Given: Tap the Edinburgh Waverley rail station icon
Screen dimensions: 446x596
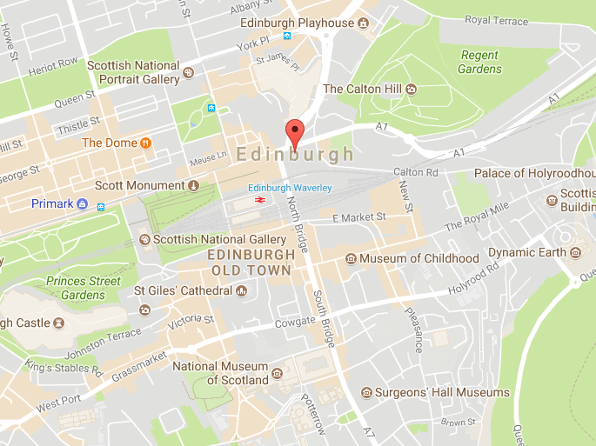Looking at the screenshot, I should (259, 201).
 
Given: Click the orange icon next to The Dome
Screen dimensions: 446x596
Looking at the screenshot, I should (146, 143).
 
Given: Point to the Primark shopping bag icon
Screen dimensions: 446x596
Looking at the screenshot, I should (82, 203).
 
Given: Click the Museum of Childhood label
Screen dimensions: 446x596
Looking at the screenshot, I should (419, 258).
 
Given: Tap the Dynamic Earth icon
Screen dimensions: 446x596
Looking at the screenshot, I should (574, 253).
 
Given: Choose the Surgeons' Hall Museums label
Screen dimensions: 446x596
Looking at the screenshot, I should (442, 393).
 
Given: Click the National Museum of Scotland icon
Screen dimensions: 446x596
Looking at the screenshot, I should (277, 374).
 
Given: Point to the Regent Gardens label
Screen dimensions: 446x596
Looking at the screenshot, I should (480, 62).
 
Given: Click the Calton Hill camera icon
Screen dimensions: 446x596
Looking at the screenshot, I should (412, 89).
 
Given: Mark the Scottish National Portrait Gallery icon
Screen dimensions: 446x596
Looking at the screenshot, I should (188, 78).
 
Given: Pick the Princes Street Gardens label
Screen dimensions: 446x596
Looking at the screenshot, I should (78, 288).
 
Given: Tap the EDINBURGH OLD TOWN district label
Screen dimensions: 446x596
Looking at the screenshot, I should (249, 263).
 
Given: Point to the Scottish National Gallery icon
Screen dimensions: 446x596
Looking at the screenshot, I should (144, 239).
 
